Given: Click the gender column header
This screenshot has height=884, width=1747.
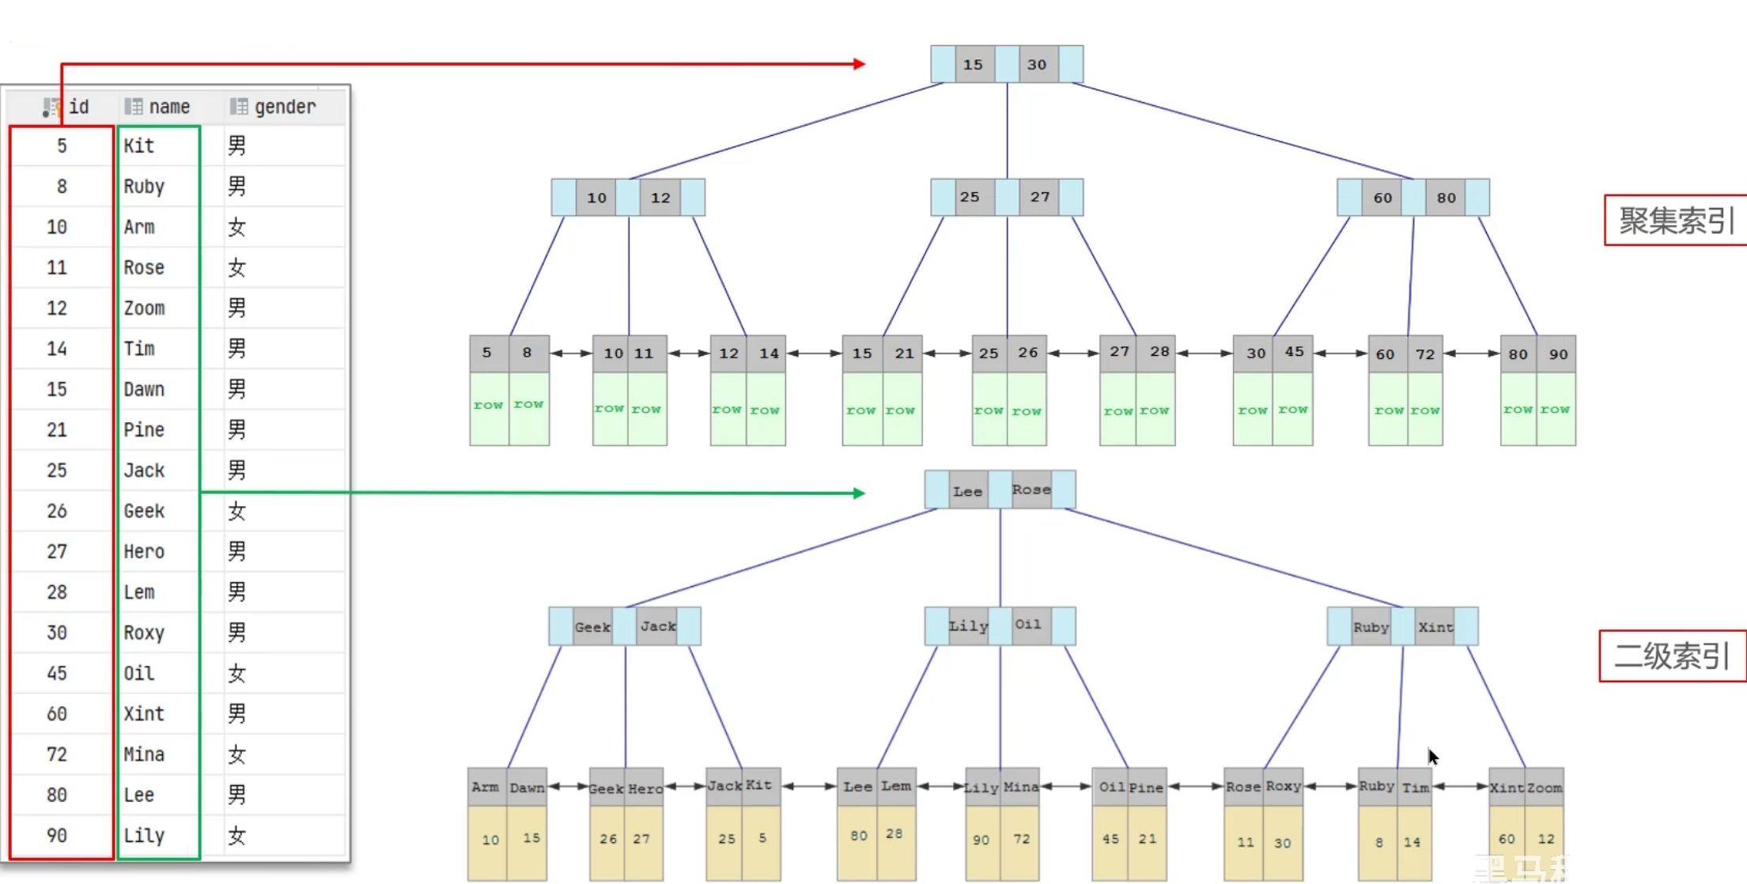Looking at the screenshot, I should [x=274, y=107].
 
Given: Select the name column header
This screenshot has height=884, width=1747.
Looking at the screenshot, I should [x=158, y=107].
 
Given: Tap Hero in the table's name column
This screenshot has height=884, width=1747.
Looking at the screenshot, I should [x=144, y=551].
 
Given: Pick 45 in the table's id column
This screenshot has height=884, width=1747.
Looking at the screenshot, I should [x=57, y=673].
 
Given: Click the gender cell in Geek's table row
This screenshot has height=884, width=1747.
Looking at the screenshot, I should [x=236, y=511].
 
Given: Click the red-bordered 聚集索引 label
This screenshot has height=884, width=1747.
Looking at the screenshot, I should [x=1675, y=221].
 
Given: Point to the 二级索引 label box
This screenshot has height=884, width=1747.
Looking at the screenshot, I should [x=1671, y=655].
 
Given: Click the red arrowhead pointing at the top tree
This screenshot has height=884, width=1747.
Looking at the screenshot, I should [x=860, y=64].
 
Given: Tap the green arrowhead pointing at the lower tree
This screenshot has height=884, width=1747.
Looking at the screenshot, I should [x=860, y=493].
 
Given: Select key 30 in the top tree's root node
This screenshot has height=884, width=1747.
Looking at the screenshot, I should [x=1037, y=65].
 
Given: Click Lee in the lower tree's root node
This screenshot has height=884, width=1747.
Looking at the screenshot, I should [x=967, y=491].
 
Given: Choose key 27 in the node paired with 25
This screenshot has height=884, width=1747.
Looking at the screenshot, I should [x=1040, y=197].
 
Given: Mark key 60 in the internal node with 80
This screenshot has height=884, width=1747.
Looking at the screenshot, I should [x=1382, y=198].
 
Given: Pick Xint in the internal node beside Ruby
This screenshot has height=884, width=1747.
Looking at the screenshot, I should [x=1435, y=627].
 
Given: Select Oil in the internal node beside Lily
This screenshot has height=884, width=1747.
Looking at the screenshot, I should [x=1028, y=625].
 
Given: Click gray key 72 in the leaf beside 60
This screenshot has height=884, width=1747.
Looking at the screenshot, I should [x=1425, y=354].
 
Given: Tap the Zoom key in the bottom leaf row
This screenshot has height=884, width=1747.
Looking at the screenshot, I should [x=1545, y=788].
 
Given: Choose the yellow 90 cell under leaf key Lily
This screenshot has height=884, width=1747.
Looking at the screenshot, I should [x=981, y=840].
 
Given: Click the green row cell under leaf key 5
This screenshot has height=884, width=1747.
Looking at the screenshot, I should [x=488, y=406].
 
